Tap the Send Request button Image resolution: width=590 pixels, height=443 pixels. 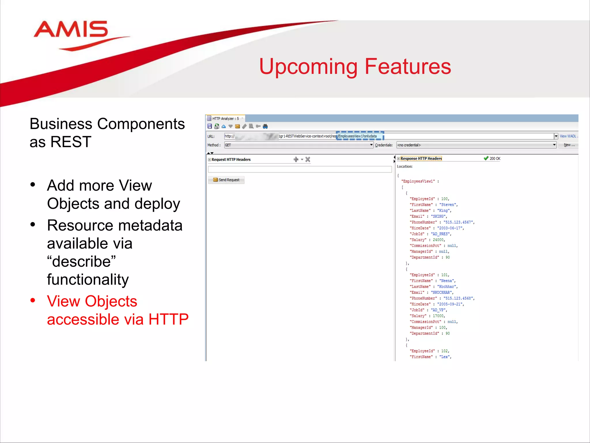click(226, 180)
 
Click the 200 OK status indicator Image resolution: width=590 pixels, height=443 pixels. click(492, 159)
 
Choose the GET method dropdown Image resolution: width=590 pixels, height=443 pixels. click(298, 145)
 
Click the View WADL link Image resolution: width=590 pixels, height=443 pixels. click(568, 136)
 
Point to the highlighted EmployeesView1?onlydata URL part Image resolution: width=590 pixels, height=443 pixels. click(360, 136)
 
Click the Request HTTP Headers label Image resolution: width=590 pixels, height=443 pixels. click(231, 159)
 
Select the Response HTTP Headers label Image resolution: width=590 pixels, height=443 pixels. click(421, 159)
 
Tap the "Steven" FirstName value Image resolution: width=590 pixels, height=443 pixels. click(448, 205)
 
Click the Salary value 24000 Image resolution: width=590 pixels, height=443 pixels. click(438, 240)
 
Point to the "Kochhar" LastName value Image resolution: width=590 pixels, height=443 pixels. click(447, 287)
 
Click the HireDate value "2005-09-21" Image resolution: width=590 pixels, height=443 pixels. click(450, 304)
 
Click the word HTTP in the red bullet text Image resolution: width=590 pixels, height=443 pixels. click(168, 320)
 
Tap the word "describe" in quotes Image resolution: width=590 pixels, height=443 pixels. click(81, 262)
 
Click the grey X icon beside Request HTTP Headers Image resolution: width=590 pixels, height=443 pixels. click(308, 159)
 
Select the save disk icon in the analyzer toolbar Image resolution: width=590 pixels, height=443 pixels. click(210, 126)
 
